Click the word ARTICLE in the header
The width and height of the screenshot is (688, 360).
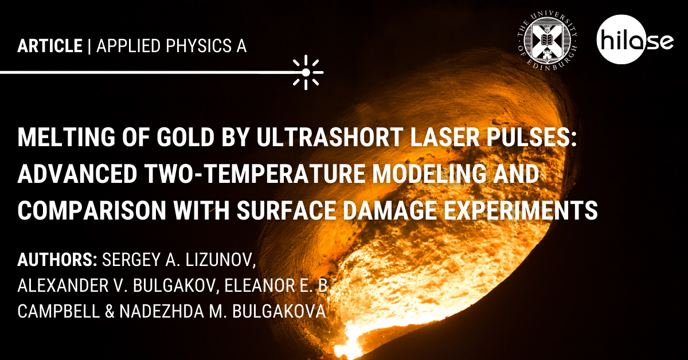(50, 46)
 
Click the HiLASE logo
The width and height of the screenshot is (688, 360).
(635, 40)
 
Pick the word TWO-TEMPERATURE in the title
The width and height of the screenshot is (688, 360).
(255, 174)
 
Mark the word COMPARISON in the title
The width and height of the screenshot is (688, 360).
(92, 211)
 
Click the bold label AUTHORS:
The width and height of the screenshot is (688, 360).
(57, 260)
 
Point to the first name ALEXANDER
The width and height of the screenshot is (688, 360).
(63, 285)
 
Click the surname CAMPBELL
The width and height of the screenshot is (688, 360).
(58, 311)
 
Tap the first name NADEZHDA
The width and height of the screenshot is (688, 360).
(162, 311)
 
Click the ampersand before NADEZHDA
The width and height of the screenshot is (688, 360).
(110, 311)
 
